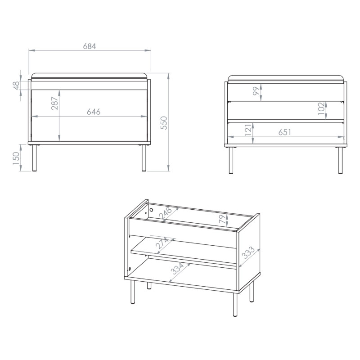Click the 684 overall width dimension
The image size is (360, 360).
point(90,46)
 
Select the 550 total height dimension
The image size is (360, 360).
point(164,123)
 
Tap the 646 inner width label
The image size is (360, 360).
point(94,112)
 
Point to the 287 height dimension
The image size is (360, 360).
point(54,103)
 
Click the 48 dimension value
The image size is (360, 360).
point(16,85)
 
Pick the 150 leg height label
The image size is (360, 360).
point(16,158)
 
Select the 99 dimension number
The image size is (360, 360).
point(256,91)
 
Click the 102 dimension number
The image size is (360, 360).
point(321,108)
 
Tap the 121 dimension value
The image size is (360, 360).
point(248,130)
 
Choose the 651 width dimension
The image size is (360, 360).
point(285,132)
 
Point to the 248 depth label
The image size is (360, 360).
point(165,213)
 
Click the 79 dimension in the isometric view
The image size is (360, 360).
point(222,219)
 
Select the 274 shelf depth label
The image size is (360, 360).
point(162,243)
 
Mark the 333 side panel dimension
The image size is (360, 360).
point(249,252)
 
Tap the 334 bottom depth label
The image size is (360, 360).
point(177,269)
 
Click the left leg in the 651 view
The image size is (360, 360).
point(231,160)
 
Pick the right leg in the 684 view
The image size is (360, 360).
point(144,158)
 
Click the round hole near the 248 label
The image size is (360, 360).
point(151,210)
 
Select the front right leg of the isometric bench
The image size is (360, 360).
point(235,305)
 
